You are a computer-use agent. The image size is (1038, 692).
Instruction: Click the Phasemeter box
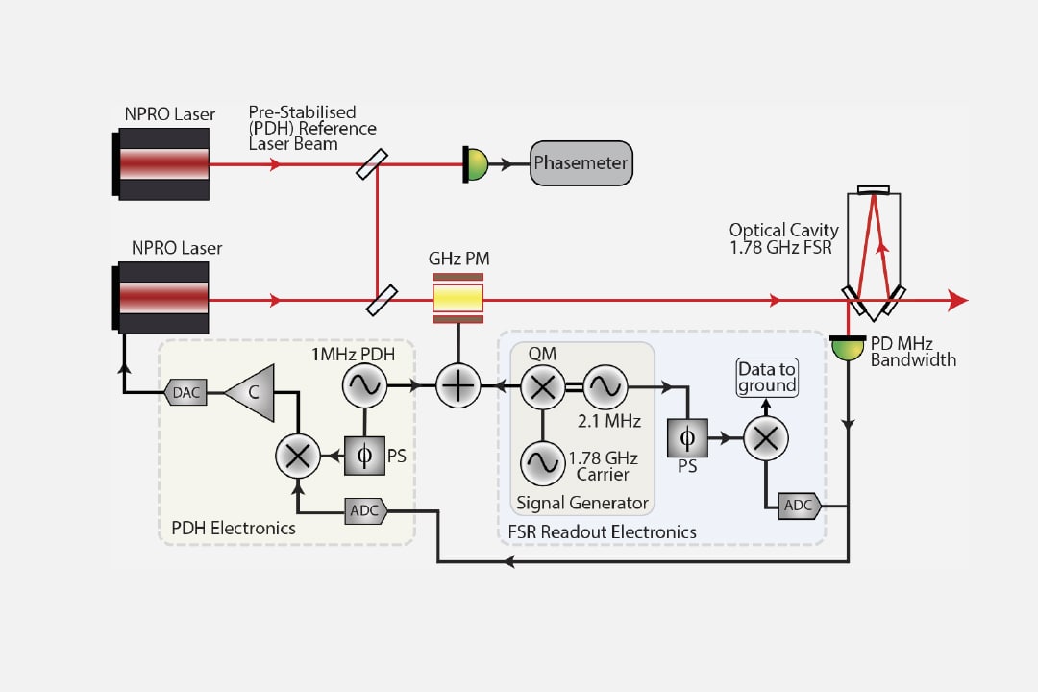[581, 163]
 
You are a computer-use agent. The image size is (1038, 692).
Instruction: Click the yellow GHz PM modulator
[458, 300]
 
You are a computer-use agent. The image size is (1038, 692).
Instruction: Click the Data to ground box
[767, 378]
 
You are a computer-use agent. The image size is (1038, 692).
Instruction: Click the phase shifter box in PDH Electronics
[363, 456]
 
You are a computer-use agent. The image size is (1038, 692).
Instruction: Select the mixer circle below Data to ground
[766, 439]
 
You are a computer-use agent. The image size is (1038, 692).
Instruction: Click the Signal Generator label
[581, 503]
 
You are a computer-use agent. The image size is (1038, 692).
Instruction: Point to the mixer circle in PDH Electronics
[299, 456]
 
